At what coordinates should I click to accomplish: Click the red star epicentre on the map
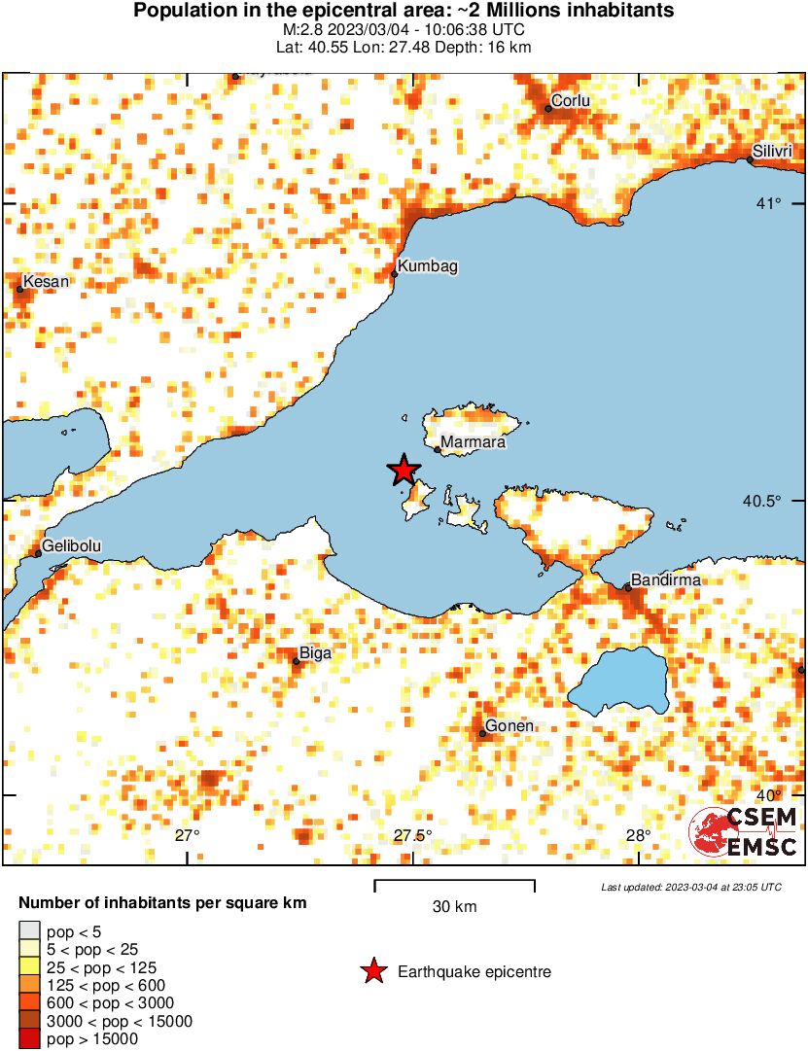point(404,471)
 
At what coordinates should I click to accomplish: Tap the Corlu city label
point(571,100)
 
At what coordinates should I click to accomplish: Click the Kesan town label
point(47,282)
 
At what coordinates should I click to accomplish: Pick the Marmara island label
point(473,442)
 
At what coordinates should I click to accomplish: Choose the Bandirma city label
point(665,580)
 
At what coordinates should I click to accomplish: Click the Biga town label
point(316,653)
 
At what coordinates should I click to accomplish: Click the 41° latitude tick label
point(770,203)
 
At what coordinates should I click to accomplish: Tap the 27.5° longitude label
point(412,835)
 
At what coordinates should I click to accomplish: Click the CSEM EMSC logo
point(744,832)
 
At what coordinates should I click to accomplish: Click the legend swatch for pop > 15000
point(30,1039)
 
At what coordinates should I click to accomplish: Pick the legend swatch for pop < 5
point(30,930)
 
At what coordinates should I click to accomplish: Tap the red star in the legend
point(372,971)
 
